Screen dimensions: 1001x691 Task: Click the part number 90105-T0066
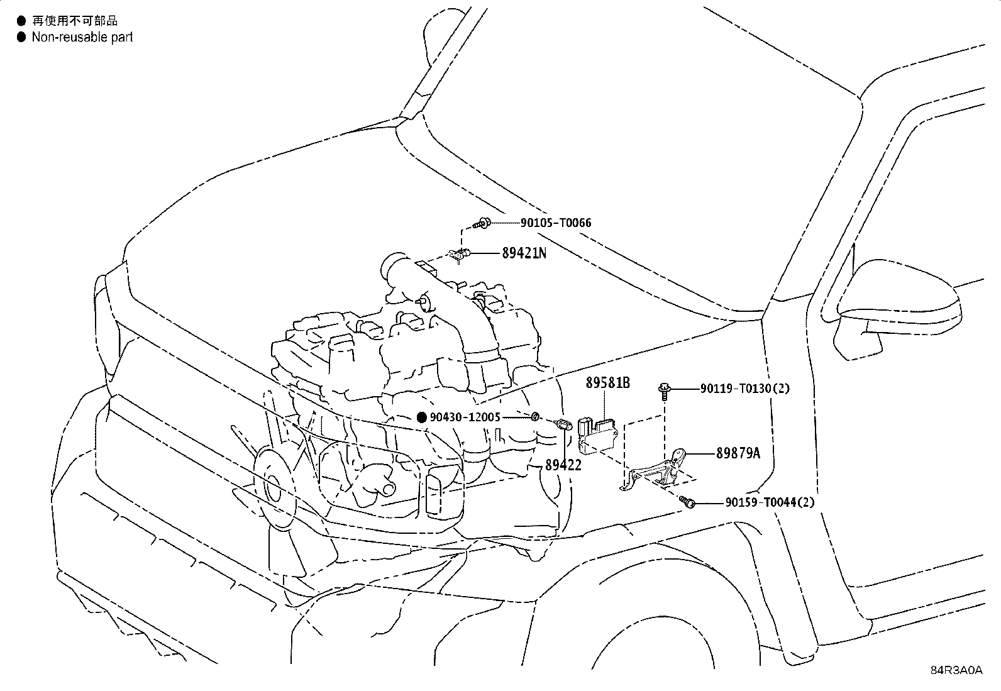pos(556,223)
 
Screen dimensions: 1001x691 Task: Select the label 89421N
pos(524,253)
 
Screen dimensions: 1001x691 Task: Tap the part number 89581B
pos(608,383)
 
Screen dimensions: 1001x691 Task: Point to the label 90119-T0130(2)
pos(745,389)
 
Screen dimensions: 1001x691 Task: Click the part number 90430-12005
pos(465,417)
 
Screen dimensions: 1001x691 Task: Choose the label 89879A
pos(738,453)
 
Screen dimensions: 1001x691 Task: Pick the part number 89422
pos(563,465)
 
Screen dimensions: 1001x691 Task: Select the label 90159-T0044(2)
pos(770,502)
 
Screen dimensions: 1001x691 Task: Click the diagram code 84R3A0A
pos(956,670)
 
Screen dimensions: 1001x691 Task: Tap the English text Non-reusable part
pos(82,37)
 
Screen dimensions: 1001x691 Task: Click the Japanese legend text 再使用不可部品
pos(75,21)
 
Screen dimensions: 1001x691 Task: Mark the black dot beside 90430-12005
pos(422,417)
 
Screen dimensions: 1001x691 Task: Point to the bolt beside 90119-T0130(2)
pos(665,391)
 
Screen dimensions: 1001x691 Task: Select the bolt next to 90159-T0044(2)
pos(688,502)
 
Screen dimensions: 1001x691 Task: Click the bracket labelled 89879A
pos(654,471)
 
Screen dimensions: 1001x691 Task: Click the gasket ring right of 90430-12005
pos(534,417)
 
